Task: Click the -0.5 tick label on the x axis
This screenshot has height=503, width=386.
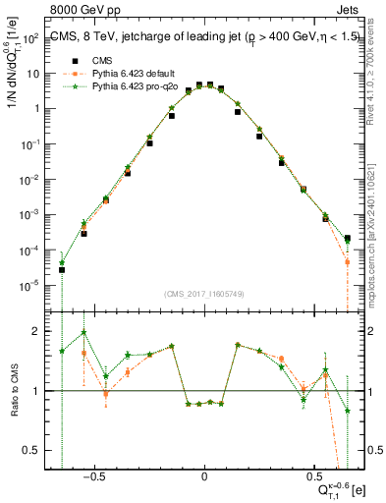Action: pyautogui.click(x=91, y=473)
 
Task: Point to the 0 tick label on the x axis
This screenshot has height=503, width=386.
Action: pyautogui.click(x=204, y=473)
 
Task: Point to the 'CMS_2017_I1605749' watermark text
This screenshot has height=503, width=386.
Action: pyautogui.click(x=205, y=295)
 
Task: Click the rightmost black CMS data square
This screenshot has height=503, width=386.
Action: pyautogui.click(x=347, y=238)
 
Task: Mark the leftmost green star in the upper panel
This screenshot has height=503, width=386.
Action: pyautogui.click(x=62, y=262)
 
